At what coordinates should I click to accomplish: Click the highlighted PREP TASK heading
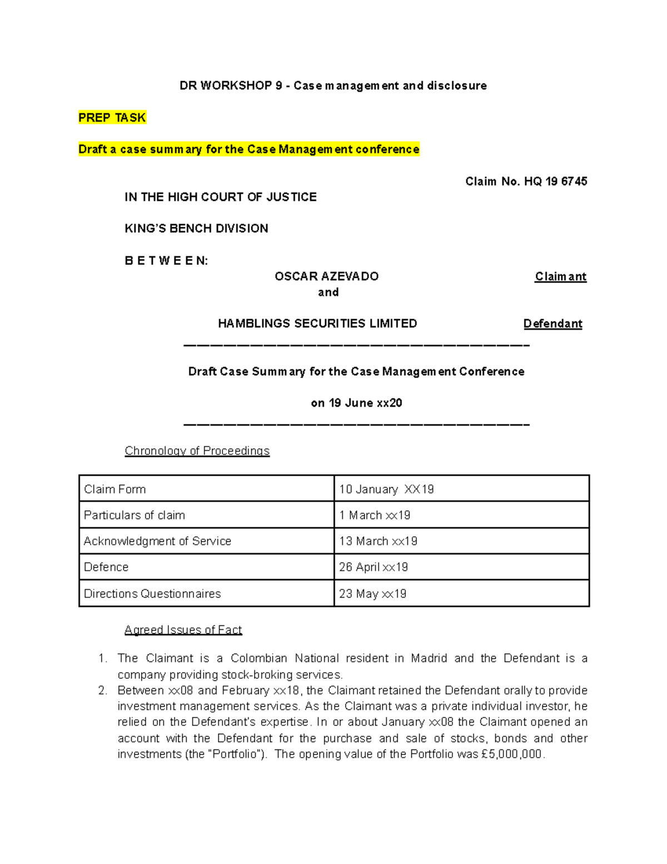coord(112,117)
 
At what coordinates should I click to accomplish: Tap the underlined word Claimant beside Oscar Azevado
coord(560,277)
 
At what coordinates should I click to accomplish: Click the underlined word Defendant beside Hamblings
coord(552,324)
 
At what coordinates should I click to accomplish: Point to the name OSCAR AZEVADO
coord(327,277)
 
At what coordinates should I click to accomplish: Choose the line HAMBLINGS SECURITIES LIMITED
coord(317,324)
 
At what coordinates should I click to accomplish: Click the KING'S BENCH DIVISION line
coord(196,228)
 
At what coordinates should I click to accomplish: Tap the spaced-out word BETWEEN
coord(166,260)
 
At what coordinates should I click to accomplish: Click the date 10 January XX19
coord(386,489)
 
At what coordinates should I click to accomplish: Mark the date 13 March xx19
coord(378,541)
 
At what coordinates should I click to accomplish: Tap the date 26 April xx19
coord(374,567)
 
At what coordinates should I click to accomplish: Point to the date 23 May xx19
coord(372,594)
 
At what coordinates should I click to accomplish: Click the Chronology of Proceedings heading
coord(197,451)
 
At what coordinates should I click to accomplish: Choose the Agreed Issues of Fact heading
coord(183,630)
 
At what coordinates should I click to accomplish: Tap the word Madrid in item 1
coord(429,658)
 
